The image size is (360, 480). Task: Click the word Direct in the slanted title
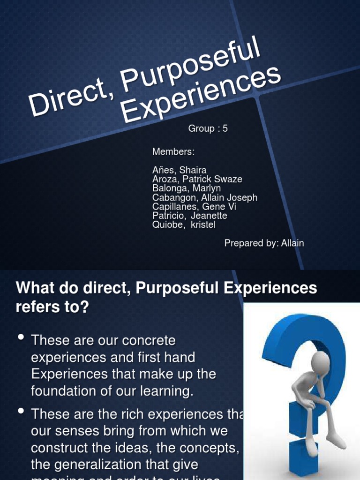(x=68, y=98)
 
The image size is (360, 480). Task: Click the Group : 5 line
(x=208, y=128)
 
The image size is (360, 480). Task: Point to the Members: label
(x=173, y=152)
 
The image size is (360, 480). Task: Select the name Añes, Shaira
(x=179, y=170)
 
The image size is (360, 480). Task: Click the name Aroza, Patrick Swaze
(x=197, y=179)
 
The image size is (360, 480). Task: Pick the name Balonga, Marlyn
(x=187, y=188)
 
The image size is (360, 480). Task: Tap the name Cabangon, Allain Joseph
(x=204, y=197)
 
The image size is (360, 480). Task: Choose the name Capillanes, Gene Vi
(x=194, y=207)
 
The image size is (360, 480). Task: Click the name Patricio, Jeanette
(x=189, y=216)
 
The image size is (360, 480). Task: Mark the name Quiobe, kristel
(x=184, y=225)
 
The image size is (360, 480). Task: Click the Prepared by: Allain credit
(x=264, y=243)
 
